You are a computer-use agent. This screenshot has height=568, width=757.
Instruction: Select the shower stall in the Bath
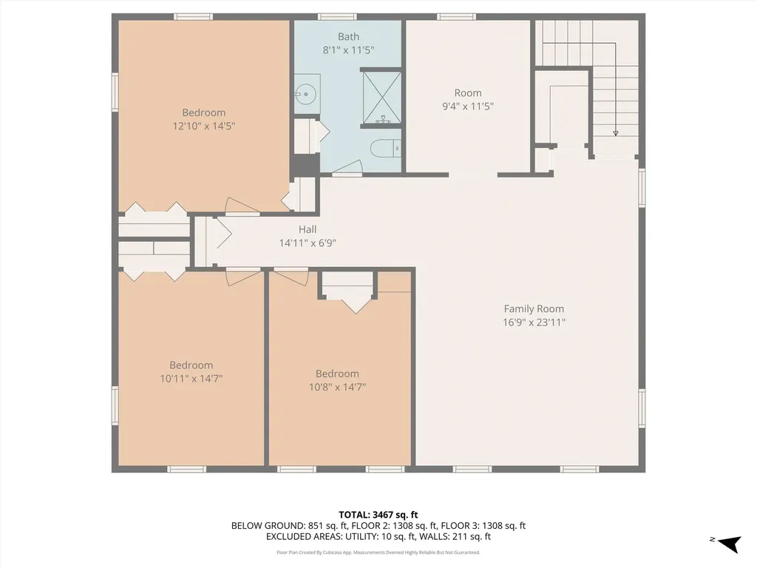coord(381,98)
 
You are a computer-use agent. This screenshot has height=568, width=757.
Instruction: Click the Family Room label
coord(534,309)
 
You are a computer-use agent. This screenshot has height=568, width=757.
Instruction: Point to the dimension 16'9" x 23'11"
coord(534,322)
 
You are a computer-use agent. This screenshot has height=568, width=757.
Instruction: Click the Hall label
coord(308,229)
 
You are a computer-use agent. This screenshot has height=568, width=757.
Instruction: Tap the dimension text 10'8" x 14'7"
coord(337,387)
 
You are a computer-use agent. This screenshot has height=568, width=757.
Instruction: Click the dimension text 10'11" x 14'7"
coord(191,378)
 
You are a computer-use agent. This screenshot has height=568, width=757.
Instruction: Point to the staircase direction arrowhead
coord(615,132)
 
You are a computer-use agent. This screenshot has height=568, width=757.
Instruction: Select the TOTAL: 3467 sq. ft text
coord(378,514)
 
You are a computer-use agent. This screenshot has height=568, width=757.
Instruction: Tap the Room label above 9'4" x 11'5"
coord(468,93)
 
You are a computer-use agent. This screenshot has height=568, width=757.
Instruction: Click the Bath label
coord(348,37)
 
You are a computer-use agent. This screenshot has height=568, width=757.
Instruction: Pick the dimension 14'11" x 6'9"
coord(308,243)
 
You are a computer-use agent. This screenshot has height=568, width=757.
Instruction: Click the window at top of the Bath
coord(336,16)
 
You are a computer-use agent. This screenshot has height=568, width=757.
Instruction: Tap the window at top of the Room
coord(456,16)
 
